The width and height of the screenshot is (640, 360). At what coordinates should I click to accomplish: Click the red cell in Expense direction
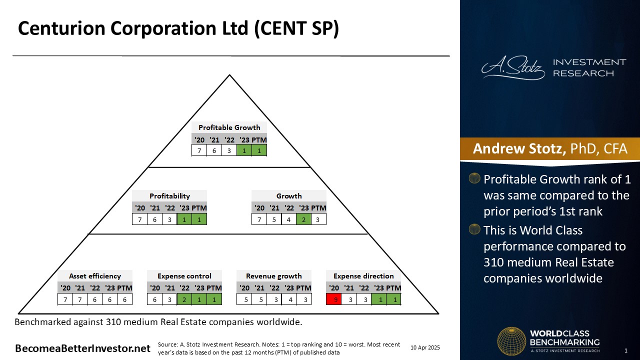click(333, 299)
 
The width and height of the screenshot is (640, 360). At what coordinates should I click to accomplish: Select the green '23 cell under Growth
click(303, 219)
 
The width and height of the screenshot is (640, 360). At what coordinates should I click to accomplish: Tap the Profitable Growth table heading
click(229, 127)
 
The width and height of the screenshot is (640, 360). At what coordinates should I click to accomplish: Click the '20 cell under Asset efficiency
click(65, 299)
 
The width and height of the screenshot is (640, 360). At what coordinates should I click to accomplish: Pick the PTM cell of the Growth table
click(318, 219)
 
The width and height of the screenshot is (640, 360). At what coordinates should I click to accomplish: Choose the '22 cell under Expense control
click(184, 299)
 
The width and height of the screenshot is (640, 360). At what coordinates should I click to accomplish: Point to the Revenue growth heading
click(273, 276)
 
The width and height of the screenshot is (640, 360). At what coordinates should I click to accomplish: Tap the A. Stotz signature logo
click(513, 67)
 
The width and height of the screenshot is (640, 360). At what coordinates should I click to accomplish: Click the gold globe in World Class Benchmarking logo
click(511, 341)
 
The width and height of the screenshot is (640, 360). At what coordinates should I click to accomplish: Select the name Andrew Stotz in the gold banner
click(519, 148)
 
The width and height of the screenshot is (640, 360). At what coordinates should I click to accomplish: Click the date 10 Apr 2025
click(425, 347)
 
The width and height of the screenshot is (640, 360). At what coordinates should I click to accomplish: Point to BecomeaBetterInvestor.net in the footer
click(82, 348)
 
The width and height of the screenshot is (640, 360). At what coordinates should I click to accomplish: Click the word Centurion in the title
click(61, 28)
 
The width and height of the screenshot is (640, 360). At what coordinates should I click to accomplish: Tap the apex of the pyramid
click(229, 75)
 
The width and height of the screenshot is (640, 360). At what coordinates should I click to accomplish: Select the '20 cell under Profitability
click(139, 219)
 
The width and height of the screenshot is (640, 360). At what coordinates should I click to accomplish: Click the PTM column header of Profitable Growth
click(259, 140)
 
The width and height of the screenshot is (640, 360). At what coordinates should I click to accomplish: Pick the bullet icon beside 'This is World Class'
click(474, 229)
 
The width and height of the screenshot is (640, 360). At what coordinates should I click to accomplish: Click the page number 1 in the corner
click(626, 350)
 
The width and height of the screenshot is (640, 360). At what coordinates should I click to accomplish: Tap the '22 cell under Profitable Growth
click(229, 150)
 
